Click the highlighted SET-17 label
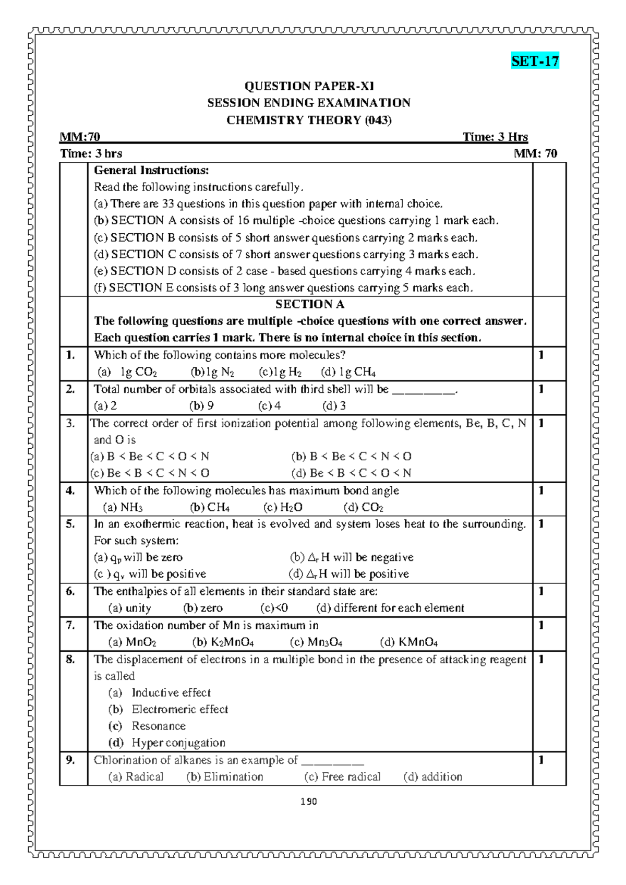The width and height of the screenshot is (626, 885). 535,61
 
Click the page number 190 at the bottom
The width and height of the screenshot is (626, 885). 309,802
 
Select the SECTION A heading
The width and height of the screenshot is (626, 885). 310,304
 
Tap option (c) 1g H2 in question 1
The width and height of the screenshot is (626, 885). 280,372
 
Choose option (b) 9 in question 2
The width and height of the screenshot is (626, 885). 201,406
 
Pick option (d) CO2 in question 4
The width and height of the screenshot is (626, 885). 364,507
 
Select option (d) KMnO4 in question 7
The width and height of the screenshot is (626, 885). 408,642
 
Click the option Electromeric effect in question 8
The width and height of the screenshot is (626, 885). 179,710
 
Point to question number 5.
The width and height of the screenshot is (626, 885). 70,524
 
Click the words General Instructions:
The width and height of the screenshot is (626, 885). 151,170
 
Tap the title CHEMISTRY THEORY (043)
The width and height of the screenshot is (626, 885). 309,120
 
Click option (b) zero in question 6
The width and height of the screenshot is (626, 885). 203,608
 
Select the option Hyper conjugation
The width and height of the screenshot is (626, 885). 178,743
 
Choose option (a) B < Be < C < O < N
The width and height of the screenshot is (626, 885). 150,457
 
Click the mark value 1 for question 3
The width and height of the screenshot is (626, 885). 541,423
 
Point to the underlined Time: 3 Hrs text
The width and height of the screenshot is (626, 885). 495,137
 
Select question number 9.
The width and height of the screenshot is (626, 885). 70,760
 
